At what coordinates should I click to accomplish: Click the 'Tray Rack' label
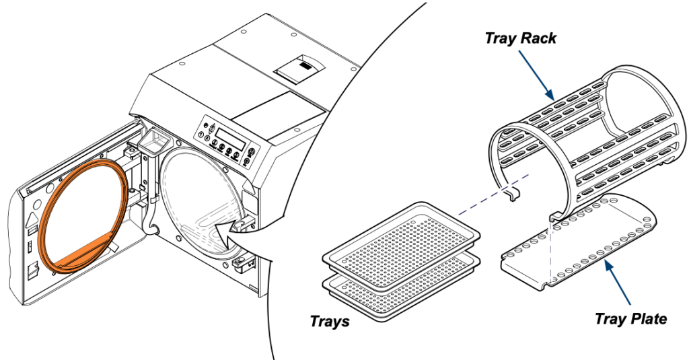coord(520,38)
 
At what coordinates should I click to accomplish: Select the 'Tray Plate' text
coord(630,318)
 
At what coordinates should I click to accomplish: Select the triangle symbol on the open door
coord(34,218)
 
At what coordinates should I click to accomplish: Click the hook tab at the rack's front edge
coord(513,194)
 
